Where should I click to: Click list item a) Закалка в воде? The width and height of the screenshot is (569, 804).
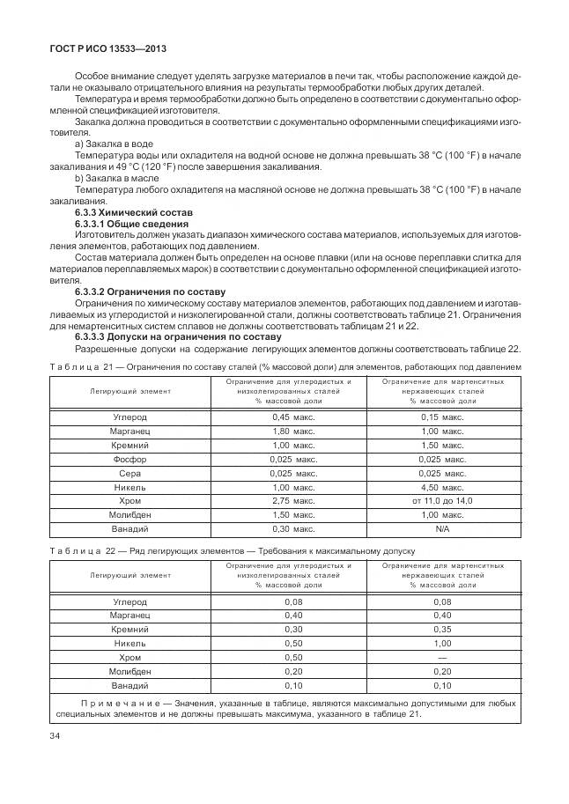click(x=115, y=143)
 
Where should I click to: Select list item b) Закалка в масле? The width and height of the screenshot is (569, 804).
click(x=116, y=177)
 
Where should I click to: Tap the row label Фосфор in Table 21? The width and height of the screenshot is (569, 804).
click(x=129, y=459)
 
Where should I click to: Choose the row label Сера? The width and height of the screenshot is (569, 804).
click(x=129, y=473)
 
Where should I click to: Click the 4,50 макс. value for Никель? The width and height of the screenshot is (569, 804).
click(x=442, y=487)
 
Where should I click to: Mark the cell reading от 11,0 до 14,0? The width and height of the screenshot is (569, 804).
click(x=442, y=500)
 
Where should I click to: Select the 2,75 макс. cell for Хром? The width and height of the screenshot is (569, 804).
click(x=293, y=500)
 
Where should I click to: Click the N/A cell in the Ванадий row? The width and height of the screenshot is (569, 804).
click(x=442, y=528)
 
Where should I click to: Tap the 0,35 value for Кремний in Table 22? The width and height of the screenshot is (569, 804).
click(x=442, y=630)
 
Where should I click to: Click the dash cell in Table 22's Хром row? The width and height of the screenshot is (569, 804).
click(x=442, y=657)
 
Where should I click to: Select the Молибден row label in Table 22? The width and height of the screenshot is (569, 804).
click(x=129, y=671)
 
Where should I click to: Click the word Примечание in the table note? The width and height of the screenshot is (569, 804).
click(x=115, y=704)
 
